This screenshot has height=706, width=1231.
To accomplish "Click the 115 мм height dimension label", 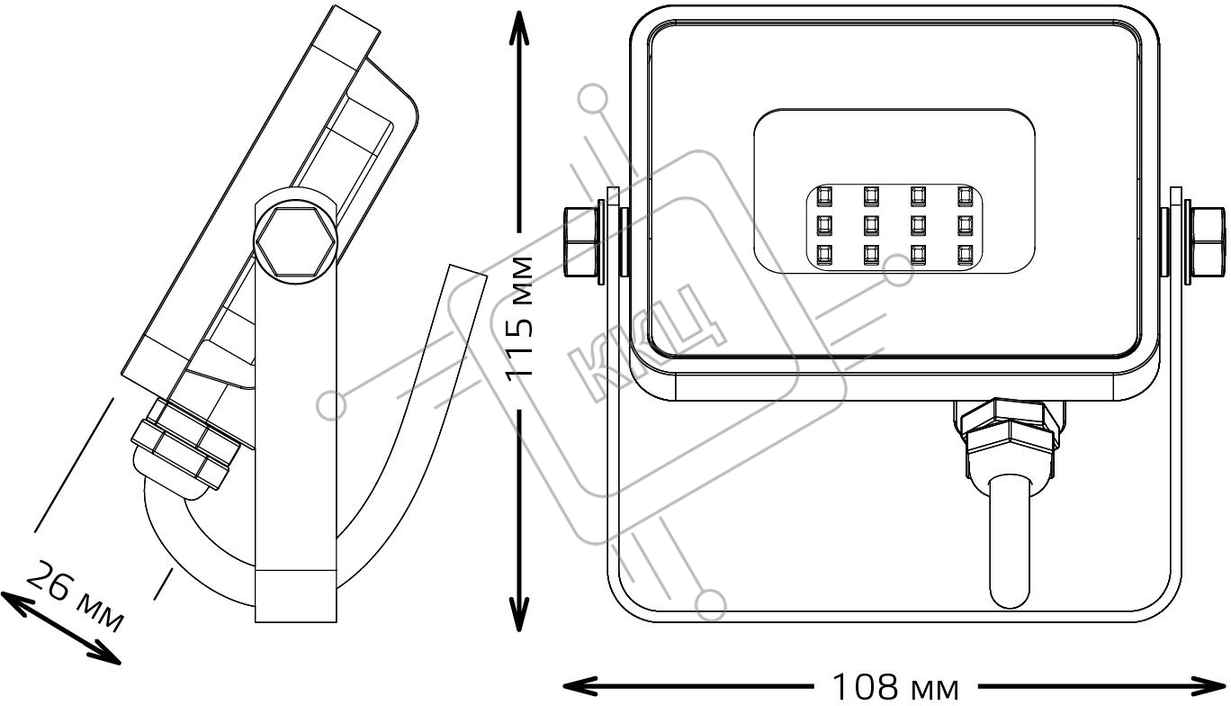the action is (x=519, y=318).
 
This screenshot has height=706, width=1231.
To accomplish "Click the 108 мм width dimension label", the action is (x=895, y=687).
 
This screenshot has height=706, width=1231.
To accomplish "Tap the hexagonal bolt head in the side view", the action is (x=295, y=241).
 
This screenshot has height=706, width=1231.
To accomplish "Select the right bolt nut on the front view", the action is (x=1208, y=241).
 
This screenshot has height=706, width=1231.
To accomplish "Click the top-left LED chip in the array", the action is (x=824, y=195).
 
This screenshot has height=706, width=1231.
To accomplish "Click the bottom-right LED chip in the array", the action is (x=965, y=254).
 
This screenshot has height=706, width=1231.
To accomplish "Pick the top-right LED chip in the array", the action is (x=965, y=195).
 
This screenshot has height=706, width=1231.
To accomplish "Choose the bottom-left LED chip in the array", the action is (x=824, y=254).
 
